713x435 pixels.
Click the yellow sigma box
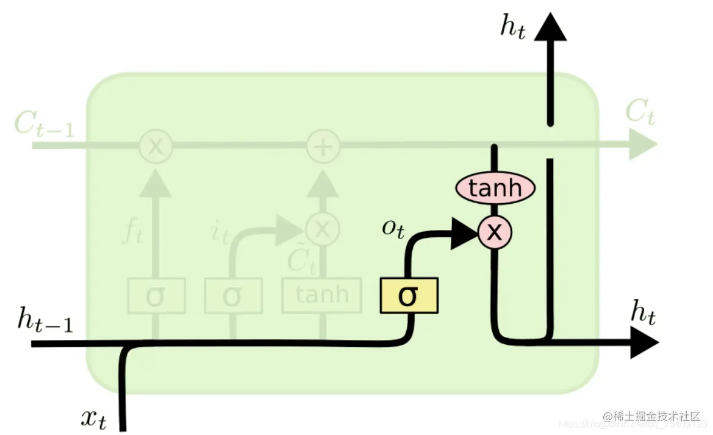[x=409, y=295]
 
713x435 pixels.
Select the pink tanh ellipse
[x=495, y=189]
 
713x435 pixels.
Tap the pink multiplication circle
[x=495, y=232]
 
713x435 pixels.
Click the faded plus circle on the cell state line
[x=323, y=146]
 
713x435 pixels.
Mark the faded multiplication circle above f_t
[x=156, y=146]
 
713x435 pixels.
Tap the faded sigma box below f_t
[x=156, y=296]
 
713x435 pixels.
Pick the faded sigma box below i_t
[x=233, y=296]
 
